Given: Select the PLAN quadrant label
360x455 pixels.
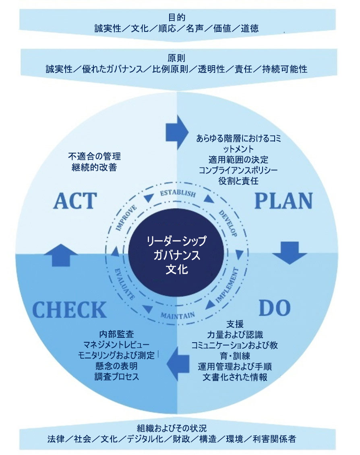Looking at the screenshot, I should tap(283, 200).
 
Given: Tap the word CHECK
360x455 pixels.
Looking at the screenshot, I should tap(69, 310).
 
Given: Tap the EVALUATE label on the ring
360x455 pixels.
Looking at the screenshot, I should tap(124, 283).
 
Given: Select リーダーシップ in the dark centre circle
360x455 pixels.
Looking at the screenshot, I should tap(177, 241).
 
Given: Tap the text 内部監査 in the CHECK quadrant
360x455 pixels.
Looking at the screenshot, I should tap(116, 334).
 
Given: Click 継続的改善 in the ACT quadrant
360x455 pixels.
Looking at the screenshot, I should tap(95, 167).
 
